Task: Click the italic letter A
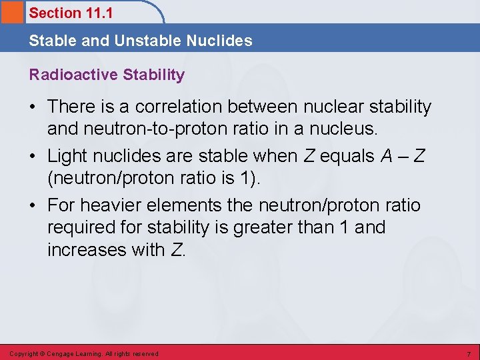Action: pyautogui.click(x=387, y=156)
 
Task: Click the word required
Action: pyautogui.click(x=86, y=227)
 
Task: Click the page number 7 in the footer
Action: pyautogui.click(x=469, y=353)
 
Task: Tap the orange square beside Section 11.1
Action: pyautogui.click(x=12, y=12)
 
